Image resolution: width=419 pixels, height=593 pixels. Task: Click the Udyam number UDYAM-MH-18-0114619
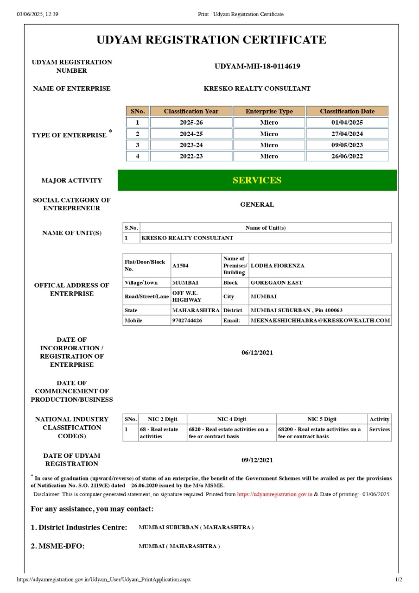[x=257, y=66]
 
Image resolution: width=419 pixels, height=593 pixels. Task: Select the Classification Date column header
[x=347, y=111]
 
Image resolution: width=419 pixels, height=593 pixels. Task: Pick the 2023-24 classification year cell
[x=191, y=145]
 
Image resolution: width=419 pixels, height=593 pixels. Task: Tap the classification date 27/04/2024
[x=347, y=134]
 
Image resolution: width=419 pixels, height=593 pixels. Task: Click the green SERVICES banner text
[x=257, y=180]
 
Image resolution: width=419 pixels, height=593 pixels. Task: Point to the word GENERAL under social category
[x=257, y=204]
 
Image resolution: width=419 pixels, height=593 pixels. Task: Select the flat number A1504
[x=181, y=266]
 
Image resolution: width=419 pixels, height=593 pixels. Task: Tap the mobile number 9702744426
[x=187, y=321]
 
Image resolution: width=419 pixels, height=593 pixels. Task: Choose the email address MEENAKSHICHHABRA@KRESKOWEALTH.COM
[x=320, y=321]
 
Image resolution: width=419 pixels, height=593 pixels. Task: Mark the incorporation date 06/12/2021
[x=257, y=353]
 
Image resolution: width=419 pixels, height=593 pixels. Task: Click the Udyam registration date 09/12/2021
[x=257, y=460]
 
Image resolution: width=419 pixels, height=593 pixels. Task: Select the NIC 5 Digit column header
[x=322, y=419]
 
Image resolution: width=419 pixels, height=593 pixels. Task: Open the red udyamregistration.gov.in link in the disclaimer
[x=275, y=494]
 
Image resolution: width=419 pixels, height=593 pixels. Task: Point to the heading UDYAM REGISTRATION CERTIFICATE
[x=211, y=40]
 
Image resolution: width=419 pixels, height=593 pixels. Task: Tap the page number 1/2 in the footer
[x=399, y=580]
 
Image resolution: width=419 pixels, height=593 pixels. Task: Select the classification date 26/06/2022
[x=347, y=156]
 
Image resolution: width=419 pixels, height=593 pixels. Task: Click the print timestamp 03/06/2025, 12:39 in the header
[x=38, y=14]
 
